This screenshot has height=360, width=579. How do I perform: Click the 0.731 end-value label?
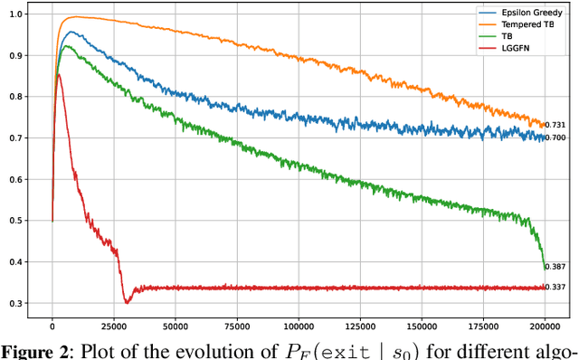coord(557,125)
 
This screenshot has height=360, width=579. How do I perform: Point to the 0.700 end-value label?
coord(557,137)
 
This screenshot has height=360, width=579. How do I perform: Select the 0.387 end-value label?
coord(557,268)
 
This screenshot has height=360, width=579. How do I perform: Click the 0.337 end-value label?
coord(557,289)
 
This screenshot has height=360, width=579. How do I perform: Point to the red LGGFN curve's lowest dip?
coord(128,302)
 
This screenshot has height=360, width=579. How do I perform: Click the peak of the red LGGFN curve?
coord(59,74)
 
